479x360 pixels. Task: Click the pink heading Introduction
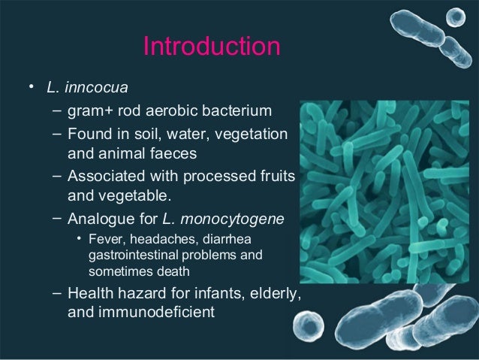(211, 47)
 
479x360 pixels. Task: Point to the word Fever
(104, 240)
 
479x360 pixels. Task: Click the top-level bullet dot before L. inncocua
(31, 88)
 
